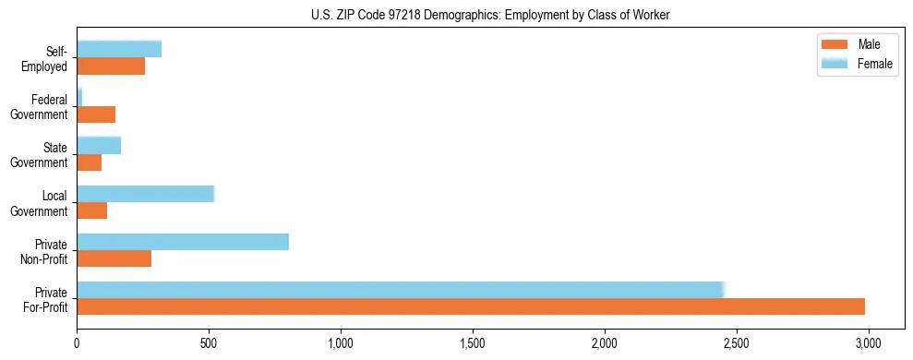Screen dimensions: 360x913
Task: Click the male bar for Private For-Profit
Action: tap(471, 306)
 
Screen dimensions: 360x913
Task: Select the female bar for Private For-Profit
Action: tap(400, 290)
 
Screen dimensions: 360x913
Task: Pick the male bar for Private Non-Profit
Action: tap(114, 258)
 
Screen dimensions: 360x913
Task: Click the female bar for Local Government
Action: tap(145, 194)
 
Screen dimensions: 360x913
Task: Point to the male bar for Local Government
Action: tap(92, 210)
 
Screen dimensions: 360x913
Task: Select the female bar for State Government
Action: tap(99, 146)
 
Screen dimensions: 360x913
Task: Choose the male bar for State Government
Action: tap(90, 162)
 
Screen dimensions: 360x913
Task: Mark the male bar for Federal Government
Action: tap(96, 114)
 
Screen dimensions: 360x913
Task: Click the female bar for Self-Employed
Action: tap(119, 49)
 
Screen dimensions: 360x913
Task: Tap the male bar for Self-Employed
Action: tap(111, 66)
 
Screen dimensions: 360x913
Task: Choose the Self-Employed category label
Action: tap(48, 59)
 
